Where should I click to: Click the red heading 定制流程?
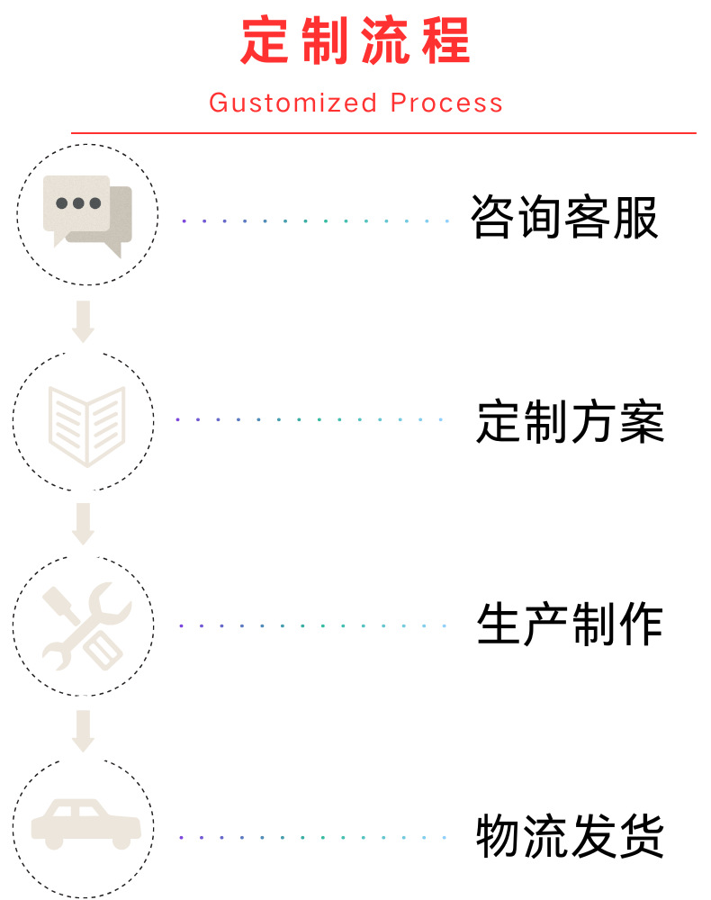click(355, 41)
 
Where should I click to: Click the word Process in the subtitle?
click(446, 103)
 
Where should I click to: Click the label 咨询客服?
click(565, 217)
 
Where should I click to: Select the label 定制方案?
click(570, 421)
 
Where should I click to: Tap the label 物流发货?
click(570, 836)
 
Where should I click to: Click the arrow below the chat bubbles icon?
click(84, 321)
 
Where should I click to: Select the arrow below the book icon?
click(84, 524)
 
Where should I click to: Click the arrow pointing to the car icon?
click(84, 730)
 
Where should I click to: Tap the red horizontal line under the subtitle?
click(383, 133)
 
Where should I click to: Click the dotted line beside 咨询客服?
click(315, 220)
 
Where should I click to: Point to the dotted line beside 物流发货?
click(315, 837)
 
